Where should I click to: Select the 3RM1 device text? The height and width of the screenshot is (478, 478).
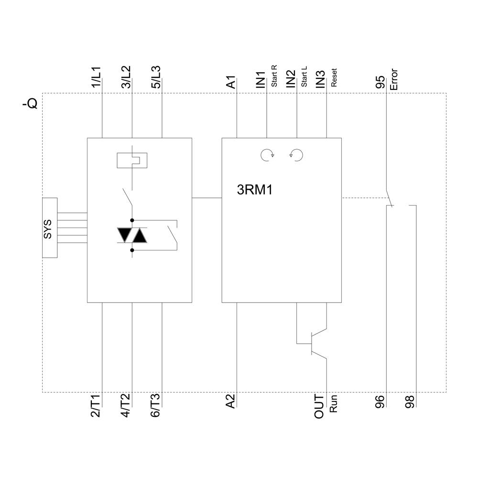pos(255,190)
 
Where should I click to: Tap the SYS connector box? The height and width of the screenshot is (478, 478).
pos(50,228)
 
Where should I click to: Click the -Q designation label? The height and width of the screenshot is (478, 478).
pos(30,103)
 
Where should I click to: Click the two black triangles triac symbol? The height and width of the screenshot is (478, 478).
pos(131,234)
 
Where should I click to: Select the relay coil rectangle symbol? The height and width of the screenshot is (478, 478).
pos(131,160)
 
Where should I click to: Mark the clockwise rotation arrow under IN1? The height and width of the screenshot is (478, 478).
pos(267,154)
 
